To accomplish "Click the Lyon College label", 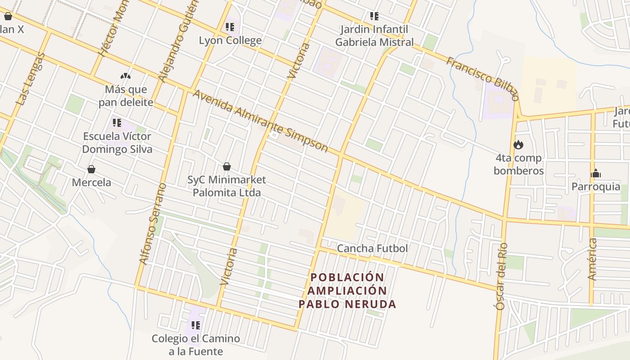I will (x=230, y=40).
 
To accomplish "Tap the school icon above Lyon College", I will (x=230, y=27).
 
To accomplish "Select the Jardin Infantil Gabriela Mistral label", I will (x=374, y=36).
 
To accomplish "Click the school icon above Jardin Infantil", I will (x=374, y=17).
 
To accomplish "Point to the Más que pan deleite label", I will (x=126, y=96).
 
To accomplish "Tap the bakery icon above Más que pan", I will (x=126, y=76).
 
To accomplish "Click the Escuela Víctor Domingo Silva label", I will (x=117, y=142).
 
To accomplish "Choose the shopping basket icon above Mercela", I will (x=91, y=169).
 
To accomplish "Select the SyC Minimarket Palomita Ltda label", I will (x=226, y=186).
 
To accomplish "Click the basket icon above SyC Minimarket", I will (x=227, y=166).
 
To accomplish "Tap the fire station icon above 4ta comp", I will (x=518, y=145).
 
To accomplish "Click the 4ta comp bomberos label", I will (x=518, y=164).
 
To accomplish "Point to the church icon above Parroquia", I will (x=596, y=173).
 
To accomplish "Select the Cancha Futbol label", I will (x=372, y=248).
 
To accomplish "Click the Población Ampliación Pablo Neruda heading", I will (x=347, y=291).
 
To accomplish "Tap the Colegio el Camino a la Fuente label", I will (x=196, y=345).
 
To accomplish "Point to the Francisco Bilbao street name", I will (x=482, y=78).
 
